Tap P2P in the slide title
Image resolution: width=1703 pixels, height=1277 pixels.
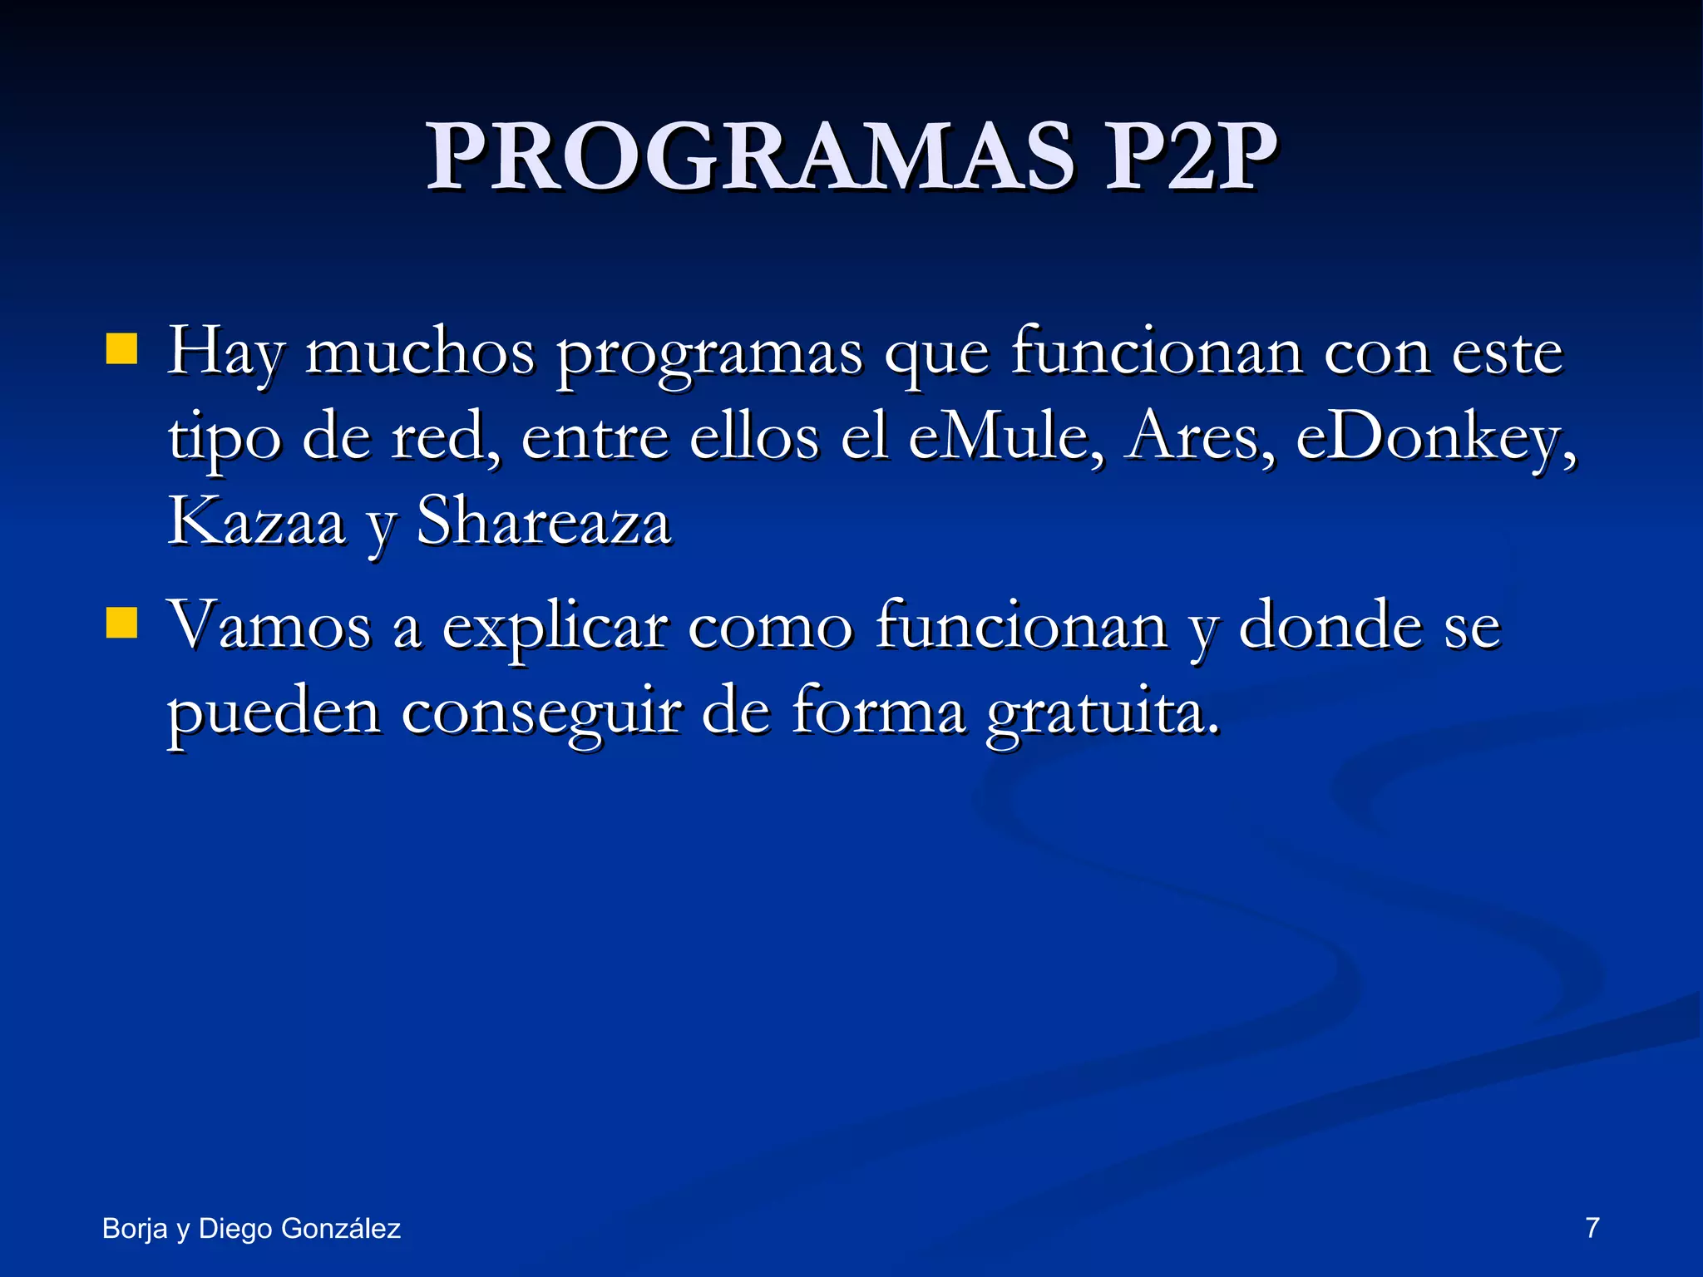pyautogui.click(x=1190, y=157)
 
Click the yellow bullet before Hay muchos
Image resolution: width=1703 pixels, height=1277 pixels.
pyautogui.click(x=121, y=350)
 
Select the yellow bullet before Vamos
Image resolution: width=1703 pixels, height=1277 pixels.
pyautogui.click(x=121, y=623)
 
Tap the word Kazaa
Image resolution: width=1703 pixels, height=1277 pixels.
pyautogui.click(x=256, y=522)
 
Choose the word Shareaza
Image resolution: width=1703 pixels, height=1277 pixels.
pyautogui.click(x=543, y=522)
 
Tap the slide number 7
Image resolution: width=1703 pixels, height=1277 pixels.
pyautogui.click(x=1592, y=1228)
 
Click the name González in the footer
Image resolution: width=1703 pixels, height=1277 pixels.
pyautogui.click(x=341, y=1229)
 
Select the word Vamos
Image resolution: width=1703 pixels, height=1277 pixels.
pyautogui.click(x=269, y=625)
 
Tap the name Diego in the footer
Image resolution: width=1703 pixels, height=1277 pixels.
pyautogui.click(x=235, y=1229)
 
